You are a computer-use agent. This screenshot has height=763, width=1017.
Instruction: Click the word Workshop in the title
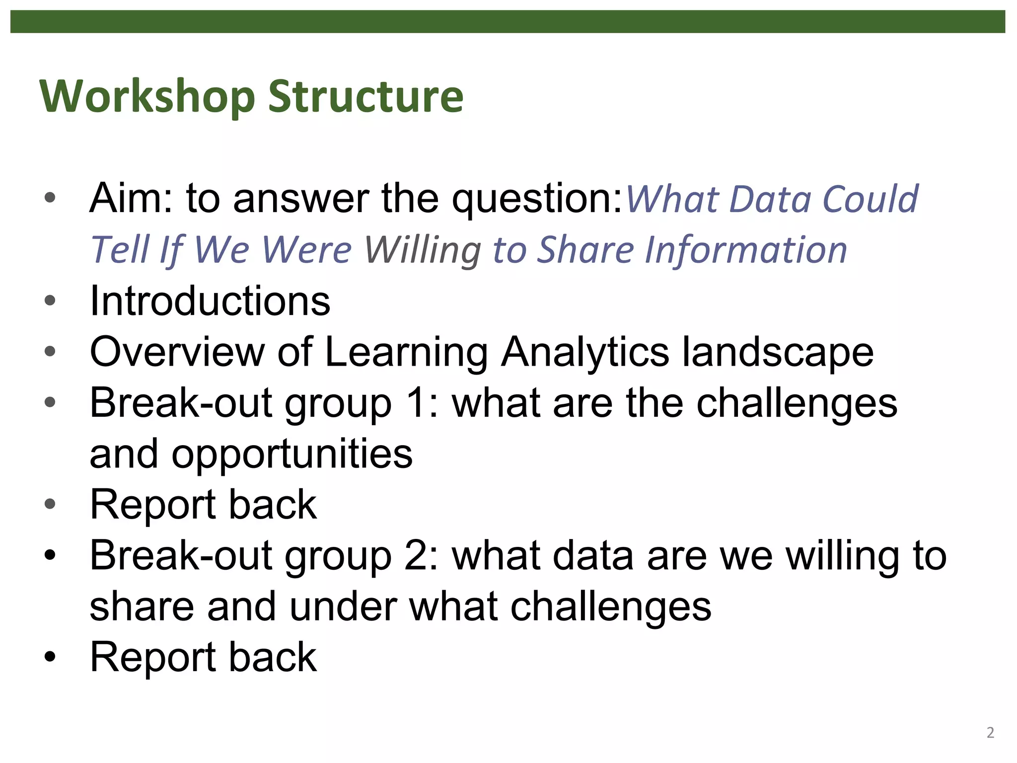(x=147, y=96)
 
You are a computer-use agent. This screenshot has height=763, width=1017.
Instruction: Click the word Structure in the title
(x=365, y=96)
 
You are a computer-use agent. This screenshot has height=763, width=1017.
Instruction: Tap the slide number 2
(x=990, y=733)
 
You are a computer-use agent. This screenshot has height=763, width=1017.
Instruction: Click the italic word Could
(x=870, y=199)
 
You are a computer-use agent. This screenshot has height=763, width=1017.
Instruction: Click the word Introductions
(x=210, y=301)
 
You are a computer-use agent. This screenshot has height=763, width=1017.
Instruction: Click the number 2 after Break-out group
(x=416, y=555)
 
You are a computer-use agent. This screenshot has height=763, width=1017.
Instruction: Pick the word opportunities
(x=292, y=454)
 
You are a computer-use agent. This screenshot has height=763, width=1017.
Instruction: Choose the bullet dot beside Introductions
(x=50, y=300)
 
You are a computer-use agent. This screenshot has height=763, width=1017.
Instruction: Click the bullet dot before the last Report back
(x=50, y=657)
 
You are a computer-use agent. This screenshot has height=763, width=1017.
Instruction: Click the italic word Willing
(x=422, y=250)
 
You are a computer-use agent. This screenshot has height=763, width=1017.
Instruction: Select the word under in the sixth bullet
(x=343, y=607)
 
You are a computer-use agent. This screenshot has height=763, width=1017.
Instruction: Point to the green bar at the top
(x=508, y=22)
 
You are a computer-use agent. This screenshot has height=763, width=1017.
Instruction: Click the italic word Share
(x=586, y=250)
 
